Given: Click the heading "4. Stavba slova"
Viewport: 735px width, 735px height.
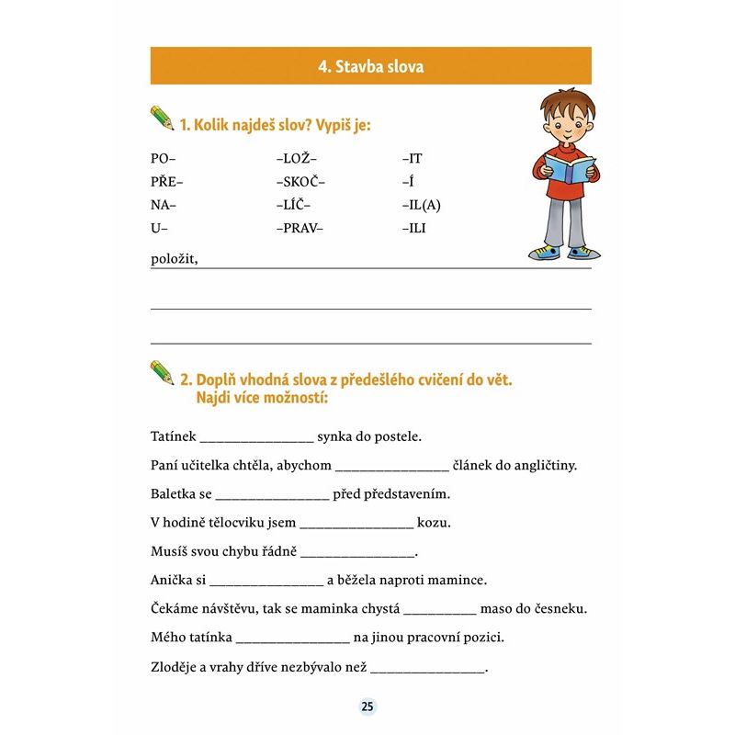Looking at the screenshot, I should tap(370, 66).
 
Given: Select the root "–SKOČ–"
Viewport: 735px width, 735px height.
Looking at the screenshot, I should tap(300, 182).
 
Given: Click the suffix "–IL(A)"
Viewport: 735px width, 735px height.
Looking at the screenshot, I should tap(422, 205).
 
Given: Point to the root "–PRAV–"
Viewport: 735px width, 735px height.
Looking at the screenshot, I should tap(300, 228).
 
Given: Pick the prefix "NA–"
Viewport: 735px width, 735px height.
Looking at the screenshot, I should tap(163, 205).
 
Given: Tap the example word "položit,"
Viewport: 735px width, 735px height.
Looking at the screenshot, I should tap(175, 259).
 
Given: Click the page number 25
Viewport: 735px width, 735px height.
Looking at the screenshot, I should tap(367, 707).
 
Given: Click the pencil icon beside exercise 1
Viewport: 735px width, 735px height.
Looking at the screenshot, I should tap(162, 119).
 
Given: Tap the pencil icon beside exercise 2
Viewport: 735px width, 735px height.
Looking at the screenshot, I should tap(162, 372).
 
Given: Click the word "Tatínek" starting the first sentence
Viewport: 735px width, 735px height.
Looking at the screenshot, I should tap(173, 436).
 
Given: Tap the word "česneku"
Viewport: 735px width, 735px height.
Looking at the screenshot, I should tap(559, 609).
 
